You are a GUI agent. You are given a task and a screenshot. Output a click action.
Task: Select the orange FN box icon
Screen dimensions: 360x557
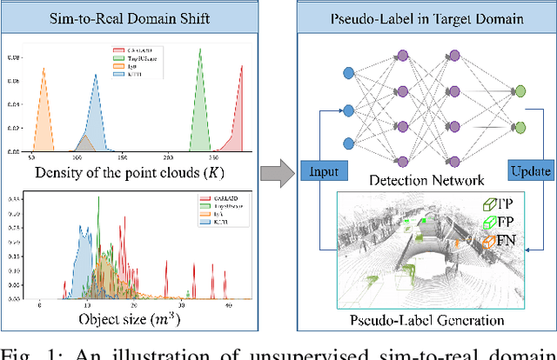click(489, 242)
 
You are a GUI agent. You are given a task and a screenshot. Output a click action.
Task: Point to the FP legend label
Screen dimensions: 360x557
click(505, 222)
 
